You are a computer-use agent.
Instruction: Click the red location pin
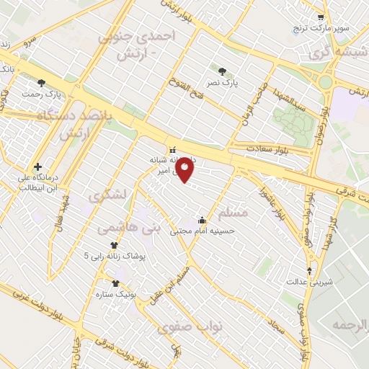tap(186, 170)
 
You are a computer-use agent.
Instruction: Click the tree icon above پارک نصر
tap(222, 71)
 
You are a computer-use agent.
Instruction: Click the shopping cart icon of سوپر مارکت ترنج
tap(321, 17)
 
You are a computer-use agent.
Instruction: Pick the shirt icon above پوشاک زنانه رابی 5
tap(115, 245)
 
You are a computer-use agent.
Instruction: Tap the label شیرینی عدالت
tap(311, 283)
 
